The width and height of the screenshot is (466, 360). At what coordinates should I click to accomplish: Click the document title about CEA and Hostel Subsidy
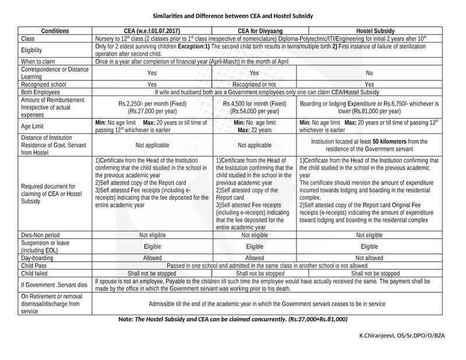point(233,16)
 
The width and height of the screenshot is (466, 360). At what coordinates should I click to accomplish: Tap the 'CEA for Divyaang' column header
point(254,31)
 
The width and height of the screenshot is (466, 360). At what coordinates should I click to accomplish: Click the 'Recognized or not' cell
point(254,84)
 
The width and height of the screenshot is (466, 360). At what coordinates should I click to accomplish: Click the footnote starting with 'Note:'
point(233,320)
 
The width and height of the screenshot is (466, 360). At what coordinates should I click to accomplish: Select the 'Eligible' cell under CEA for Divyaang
point(254,246)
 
